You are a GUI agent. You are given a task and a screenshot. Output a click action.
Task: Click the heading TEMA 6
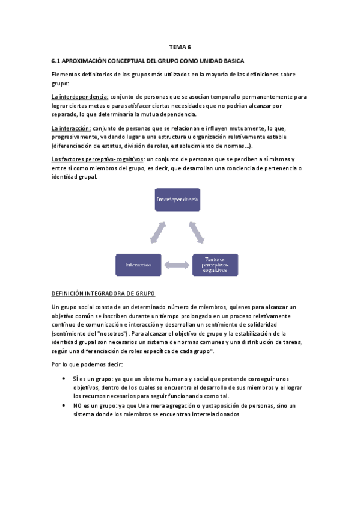[x=180, y=47]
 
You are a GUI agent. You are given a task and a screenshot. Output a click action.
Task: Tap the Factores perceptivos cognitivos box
[x=215, y=265]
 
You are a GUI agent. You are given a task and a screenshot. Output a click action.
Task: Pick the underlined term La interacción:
[x=72, y=128]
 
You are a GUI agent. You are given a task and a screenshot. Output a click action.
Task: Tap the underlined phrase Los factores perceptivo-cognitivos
[x=97, y=159]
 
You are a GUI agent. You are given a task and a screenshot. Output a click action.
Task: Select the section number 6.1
[x=56, y=61]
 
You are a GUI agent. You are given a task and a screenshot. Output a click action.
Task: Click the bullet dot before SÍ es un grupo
[x=64, y=379]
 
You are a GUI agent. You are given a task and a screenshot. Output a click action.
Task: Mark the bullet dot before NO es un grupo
[x=64, y=406]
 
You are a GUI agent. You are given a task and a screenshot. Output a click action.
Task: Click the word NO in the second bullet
[x=78, y=406]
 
